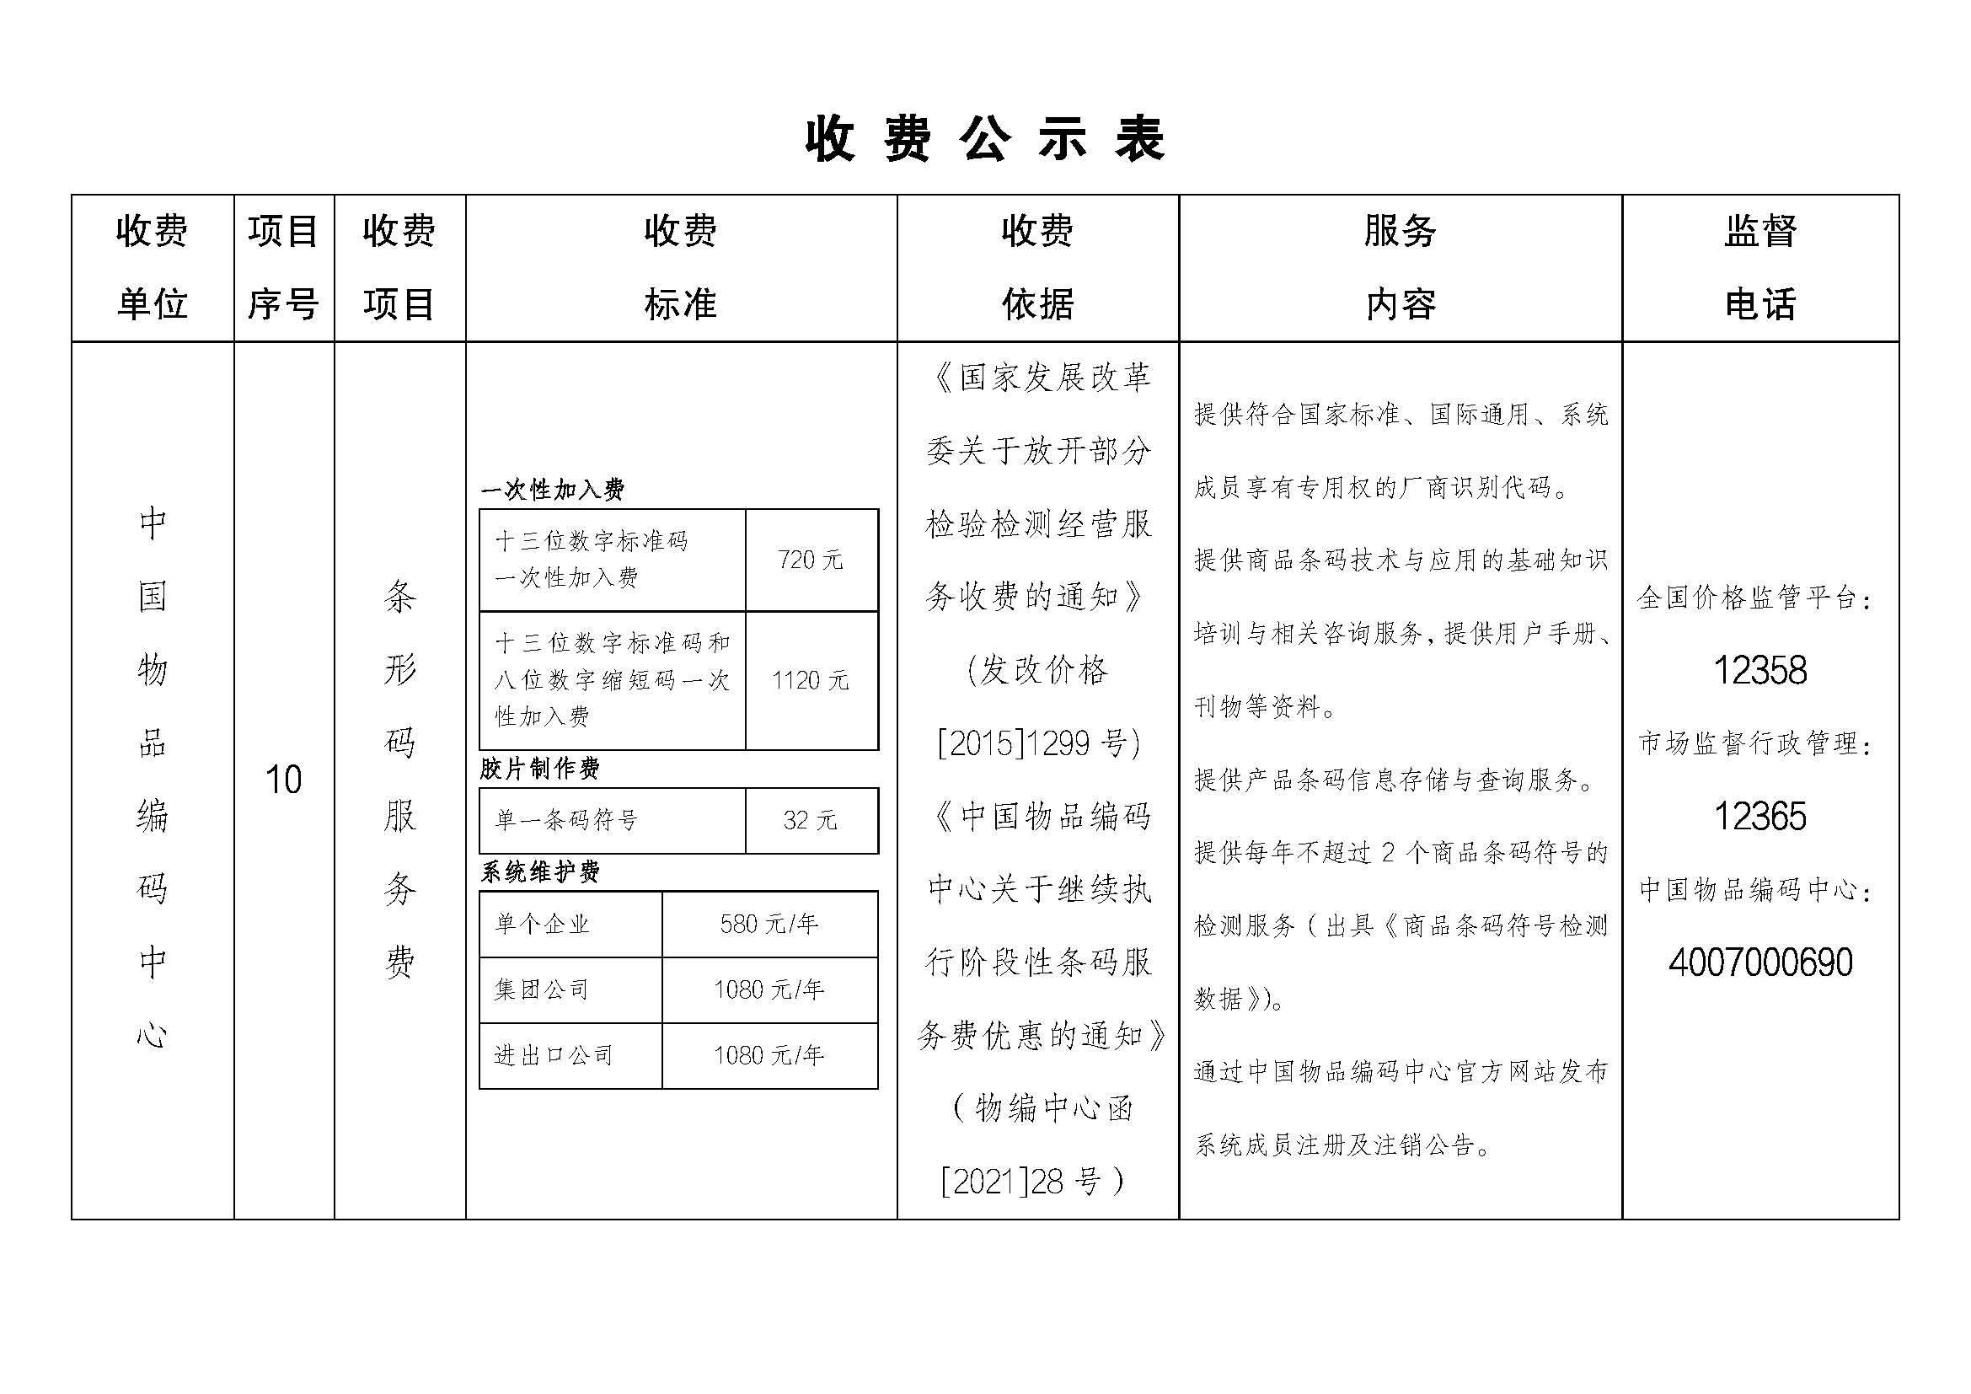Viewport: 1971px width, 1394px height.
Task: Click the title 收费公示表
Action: (x=984, y=140)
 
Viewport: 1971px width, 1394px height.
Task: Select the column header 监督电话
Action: (x=1759, y=267)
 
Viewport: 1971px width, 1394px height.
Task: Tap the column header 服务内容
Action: (x=1401, y=267)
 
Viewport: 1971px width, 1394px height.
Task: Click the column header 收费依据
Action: (x=1037, y=267)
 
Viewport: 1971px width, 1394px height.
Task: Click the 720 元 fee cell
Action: (x=811, y=560)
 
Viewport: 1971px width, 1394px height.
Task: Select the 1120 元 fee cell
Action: (x=811, y=681)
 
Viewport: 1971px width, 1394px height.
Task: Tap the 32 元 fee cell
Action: (x=811, y=821)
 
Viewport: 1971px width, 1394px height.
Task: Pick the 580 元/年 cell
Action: (x=769, y=925)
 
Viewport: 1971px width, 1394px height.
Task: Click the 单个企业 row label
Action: (x=543, y=925)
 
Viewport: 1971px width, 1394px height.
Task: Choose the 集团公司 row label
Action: (x=542, y=989)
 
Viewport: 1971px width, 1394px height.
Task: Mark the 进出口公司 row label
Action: (x=554, y=1056)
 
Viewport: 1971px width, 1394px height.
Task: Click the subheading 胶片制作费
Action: (x=540, y=769)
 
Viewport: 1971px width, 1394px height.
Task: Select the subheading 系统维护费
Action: (x=540, y=872)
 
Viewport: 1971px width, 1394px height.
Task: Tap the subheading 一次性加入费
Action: (x=553, y=491)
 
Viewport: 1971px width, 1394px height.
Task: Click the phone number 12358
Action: (x=1759, y=670)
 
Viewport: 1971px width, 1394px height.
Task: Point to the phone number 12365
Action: (x=1759, y=817)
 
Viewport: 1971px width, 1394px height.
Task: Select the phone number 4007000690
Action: (x=1759, y=962)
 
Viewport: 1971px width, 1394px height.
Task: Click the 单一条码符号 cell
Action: (x=566, y=821)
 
